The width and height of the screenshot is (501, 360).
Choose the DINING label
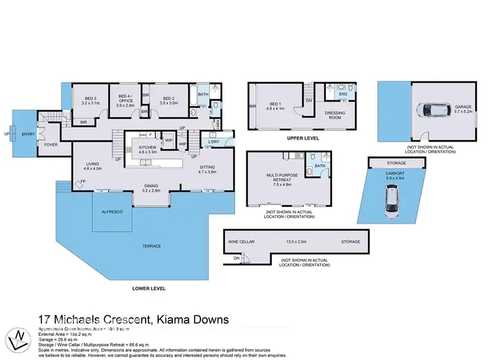point(154,188)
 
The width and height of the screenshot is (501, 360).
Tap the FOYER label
point(51,144)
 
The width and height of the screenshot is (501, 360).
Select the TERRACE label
point(152,246)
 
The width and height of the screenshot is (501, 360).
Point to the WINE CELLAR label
point(239,242)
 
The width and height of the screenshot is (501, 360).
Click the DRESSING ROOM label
point(335,114)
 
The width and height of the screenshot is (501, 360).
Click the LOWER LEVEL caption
point(148,289)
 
